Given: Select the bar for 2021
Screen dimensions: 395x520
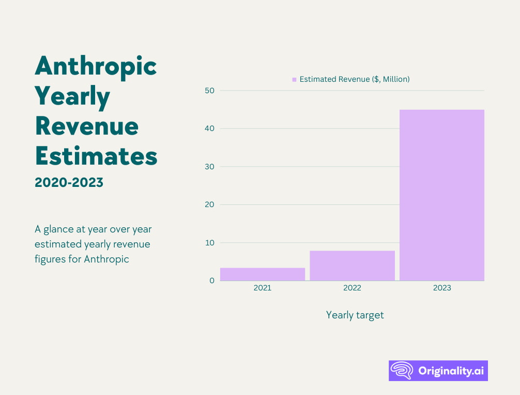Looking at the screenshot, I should click(x=263, y=274).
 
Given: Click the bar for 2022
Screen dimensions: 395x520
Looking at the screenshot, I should click(x=352, y=266).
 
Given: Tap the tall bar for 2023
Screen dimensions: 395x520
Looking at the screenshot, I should click(x=442, y=195).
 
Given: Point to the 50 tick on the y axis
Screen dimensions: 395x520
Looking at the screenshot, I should click(x=209, y=91).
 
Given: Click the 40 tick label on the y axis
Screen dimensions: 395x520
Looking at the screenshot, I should click(x=209, y=128).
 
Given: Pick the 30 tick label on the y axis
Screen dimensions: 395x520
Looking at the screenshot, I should click(x=209, y=167).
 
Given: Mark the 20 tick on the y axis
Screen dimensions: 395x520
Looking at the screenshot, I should click(x=209, y=204).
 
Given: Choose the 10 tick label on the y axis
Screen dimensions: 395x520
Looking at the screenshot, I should click(x=209, y=243).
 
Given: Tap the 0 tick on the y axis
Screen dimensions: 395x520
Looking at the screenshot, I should click(x=211, y=281).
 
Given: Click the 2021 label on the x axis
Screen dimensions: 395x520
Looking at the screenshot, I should click(x=263, y=288).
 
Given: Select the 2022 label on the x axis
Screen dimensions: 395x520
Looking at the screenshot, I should click(x=352, y=288).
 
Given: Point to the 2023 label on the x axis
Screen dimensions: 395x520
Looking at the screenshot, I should click(x=442, y=288).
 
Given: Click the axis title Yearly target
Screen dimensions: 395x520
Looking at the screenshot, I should click(x=355, y=315).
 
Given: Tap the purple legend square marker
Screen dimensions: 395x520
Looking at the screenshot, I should click(x=294, y=80).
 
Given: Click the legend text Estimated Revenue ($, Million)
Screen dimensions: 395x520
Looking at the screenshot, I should click(x=355, y=79).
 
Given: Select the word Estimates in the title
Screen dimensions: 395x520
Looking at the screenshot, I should click(x=96, y=155).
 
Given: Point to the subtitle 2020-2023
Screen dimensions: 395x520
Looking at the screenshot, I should click(x=69, y=182).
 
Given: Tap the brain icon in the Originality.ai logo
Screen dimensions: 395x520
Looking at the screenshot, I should click(x=401, y=371).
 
